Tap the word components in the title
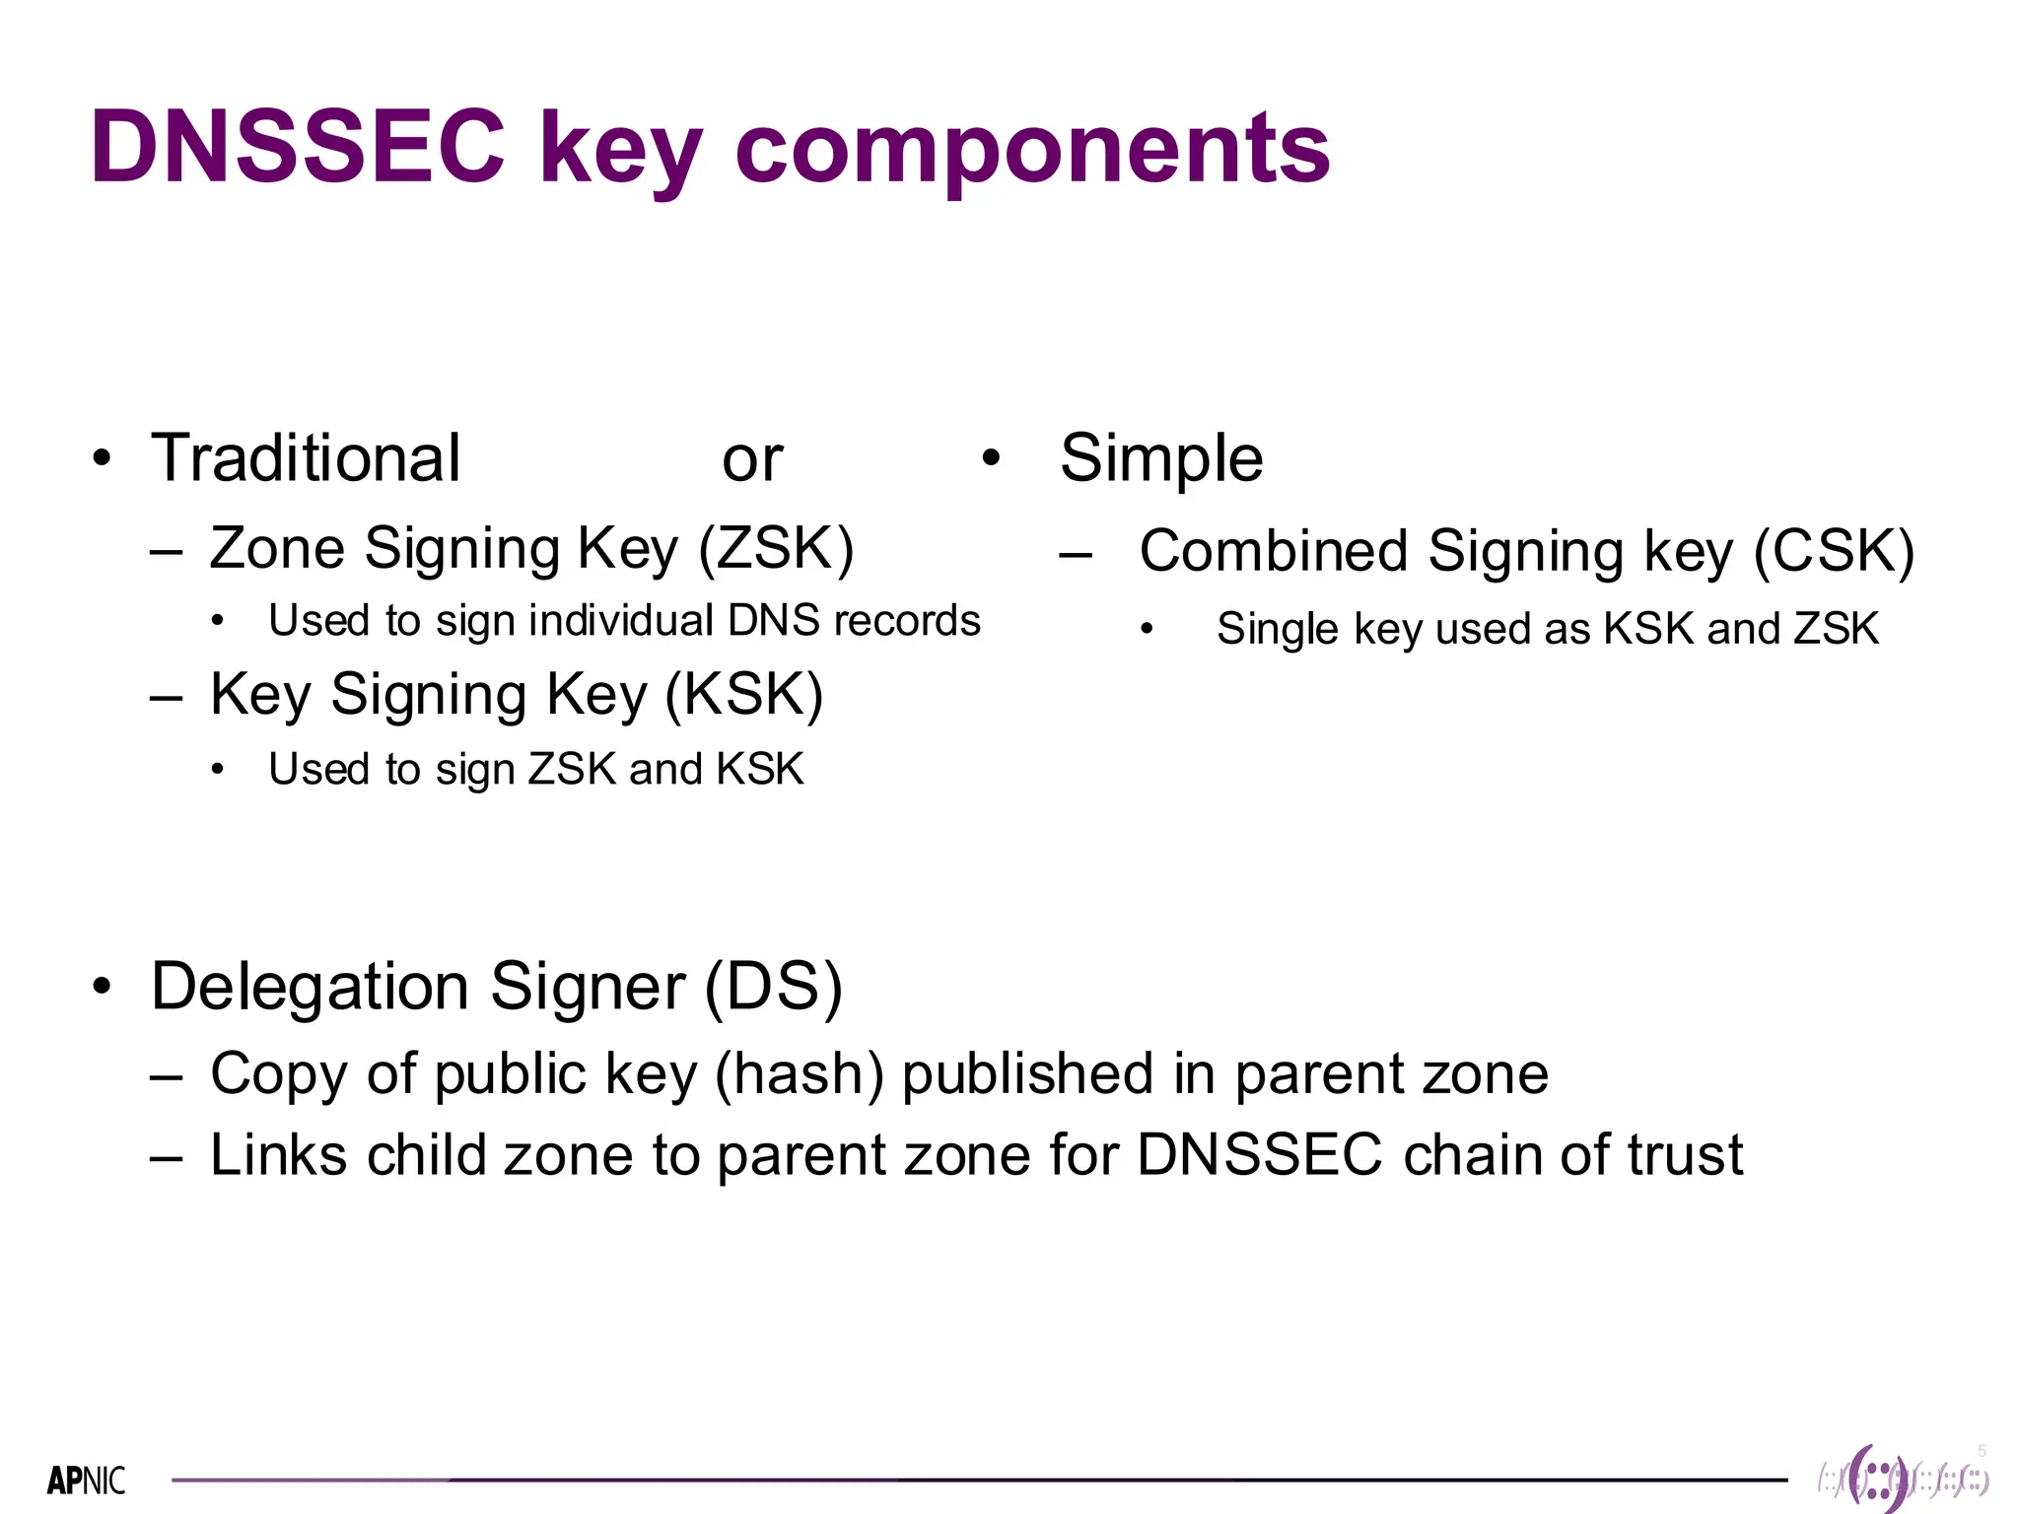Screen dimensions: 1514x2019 (1032, 150)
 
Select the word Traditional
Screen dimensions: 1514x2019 (306, 458)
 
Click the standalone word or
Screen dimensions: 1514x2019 (752, 460)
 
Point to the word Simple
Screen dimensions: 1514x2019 (1161, 459)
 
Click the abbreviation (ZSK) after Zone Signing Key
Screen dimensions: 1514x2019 (776, 548)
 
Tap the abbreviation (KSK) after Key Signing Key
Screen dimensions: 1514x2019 (743, 694)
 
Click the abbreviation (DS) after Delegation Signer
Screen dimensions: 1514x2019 (774, 986)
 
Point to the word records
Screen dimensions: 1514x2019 (907, 621)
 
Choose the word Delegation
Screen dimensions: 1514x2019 (310, 986)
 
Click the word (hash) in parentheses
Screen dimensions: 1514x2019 (799, 1073)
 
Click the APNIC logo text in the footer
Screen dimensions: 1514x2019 (87, 1480)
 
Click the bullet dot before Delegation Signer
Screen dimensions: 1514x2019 (102, 987)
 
